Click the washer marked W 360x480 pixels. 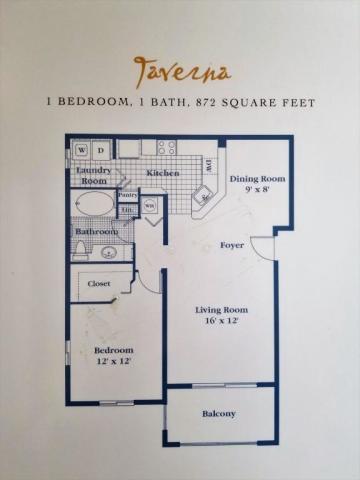coord(81,151)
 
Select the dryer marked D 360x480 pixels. coord(101,151)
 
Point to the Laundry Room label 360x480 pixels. coord(93,175)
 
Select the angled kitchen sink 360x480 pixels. coord(203,196)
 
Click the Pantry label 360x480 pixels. coord(128,195)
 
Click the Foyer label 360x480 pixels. coord(232,244)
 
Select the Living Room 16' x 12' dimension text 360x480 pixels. coord(220,322)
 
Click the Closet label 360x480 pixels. coord(99,283)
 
